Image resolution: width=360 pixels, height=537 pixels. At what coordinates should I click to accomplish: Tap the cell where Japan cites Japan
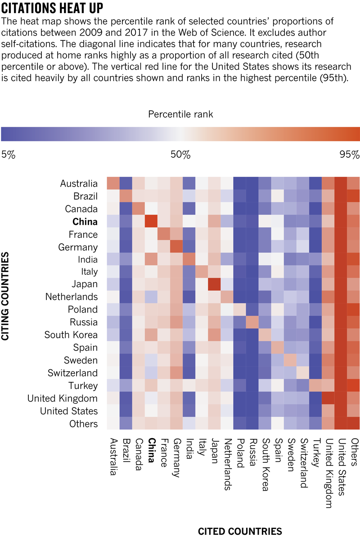(x=214, y=285)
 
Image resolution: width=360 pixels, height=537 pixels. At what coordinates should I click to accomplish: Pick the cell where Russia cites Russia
(x=252, y=322)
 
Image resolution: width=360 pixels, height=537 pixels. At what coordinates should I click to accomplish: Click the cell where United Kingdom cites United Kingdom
(x=328, y=398)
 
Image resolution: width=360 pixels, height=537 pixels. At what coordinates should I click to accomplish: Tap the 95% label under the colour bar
(x=350, y=155)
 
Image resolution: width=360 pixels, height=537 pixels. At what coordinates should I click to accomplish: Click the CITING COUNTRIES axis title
(x=6, y=297)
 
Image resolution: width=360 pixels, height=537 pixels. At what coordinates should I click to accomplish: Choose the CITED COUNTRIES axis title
(x=240, y=531)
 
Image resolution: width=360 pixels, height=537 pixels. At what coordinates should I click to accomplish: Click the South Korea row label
(x=71, y=335)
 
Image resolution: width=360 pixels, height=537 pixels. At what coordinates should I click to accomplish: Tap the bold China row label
(x=85, y=222)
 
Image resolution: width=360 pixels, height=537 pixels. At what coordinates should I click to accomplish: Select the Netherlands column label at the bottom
(x=227, y=463)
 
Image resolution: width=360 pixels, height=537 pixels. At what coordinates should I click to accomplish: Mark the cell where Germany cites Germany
(x=176, y=247)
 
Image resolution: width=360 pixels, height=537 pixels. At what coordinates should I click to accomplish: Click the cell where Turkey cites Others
(x=354, y=385)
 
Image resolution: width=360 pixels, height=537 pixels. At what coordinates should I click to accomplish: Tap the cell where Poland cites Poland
(x=240, y=310)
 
